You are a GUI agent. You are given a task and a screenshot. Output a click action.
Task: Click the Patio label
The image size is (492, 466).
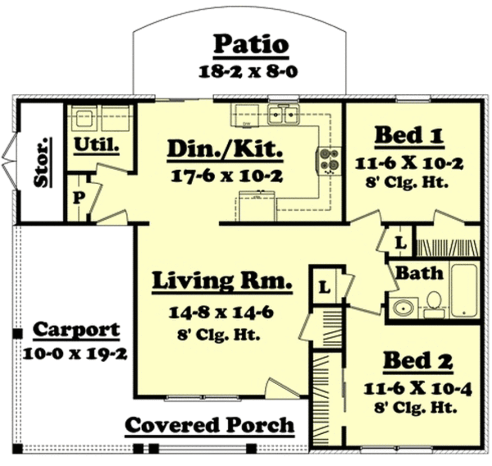[x=251, y=45]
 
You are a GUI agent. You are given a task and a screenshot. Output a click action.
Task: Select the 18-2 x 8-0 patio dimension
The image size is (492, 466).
[x=249, y=71]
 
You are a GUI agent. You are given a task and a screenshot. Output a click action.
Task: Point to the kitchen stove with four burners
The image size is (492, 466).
[x=329, y=160]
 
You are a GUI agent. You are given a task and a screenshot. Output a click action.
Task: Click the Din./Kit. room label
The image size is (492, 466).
[x=224, y=150]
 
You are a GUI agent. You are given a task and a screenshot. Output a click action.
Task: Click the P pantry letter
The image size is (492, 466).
[x=76, y=198]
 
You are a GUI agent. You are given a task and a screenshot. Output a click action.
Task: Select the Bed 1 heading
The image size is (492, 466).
[x=409, y=136]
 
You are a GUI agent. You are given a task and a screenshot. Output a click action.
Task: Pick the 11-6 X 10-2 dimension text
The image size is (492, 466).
[x=409, y=164]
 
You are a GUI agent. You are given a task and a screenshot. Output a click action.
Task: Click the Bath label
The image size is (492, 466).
[x=419, y=273]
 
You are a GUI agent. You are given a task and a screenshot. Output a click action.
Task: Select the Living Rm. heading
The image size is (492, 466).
[x=222, y=281]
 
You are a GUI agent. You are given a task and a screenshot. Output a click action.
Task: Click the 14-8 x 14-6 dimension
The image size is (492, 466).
[x=221, y=314]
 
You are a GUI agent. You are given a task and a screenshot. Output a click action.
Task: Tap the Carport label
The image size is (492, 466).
[x=76, y=330]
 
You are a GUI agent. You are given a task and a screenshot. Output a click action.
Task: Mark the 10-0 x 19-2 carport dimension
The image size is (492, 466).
[x=75, y=354]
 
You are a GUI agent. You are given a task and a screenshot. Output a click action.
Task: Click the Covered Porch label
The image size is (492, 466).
[x=209, y=426]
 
